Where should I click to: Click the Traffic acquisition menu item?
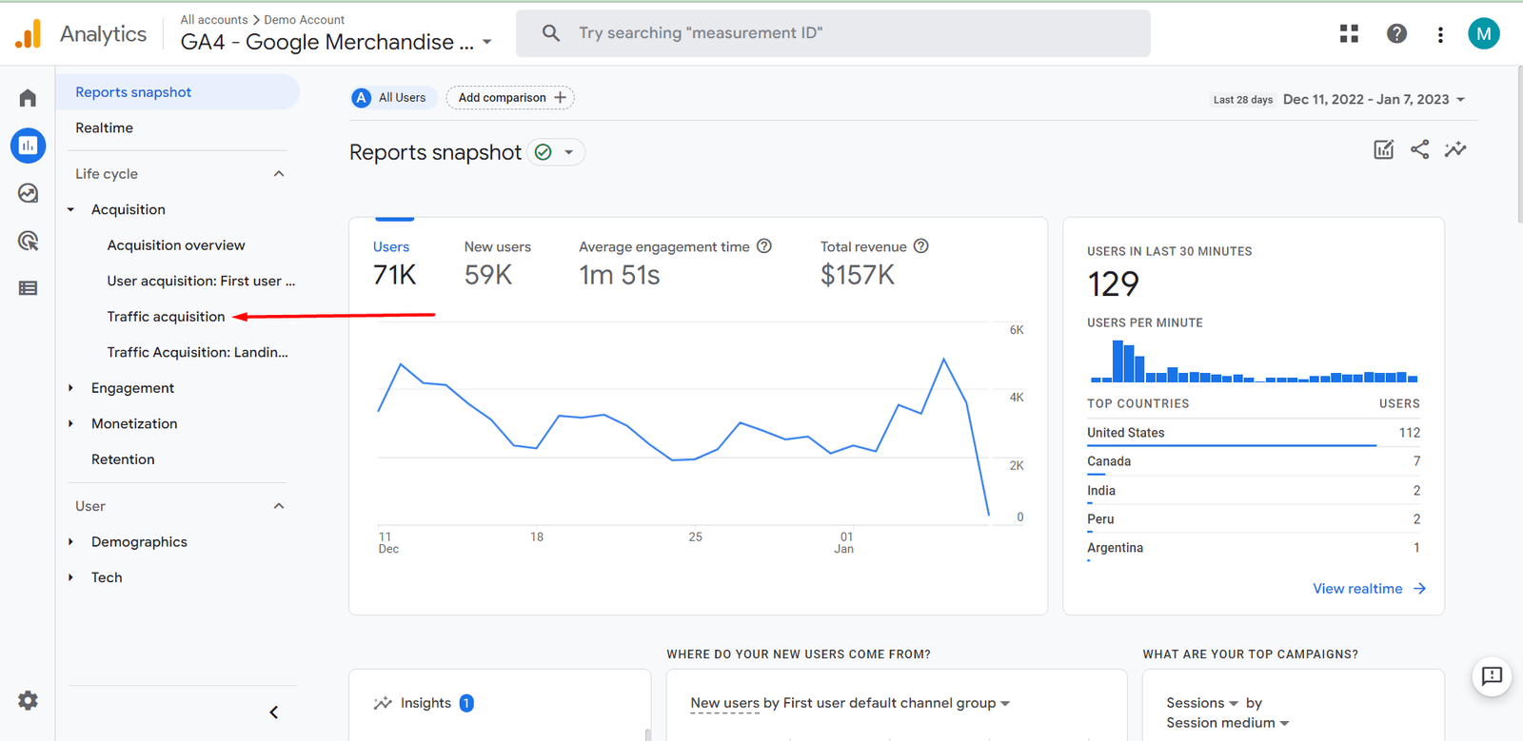166,317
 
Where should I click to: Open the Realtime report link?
105,127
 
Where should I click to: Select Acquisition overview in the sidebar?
176,245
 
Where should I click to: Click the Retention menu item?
123,459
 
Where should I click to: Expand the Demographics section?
139,542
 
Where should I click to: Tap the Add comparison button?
510,98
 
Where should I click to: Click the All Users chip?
393,98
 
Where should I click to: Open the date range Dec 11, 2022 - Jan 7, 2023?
1365,99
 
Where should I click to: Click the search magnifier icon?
551,33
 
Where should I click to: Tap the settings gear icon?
29,701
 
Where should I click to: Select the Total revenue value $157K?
858,275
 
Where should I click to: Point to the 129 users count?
1113,283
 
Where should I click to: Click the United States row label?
1126,433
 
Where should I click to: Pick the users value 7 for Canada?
1416,461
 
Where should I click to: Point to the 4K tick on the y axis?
1017,398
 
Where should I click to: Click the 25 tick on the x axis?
696,537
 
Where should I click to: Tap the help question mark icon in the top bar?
1396,34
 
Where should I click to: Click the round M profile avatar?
1483,34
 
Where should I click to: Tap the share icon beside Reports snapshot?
1419,149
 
